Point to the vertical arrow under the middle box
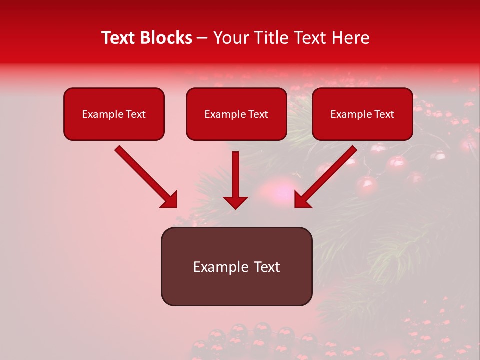click(x=235, y=180)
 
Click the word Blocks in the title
click(x=165, y=38)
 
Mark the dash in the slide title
click(x=202, y=38)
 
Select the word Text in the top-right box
click(x=384, y=114)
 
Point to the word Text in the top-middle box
click(x=258, y=114)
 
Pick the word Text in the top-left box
click(x=135, y=114)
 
